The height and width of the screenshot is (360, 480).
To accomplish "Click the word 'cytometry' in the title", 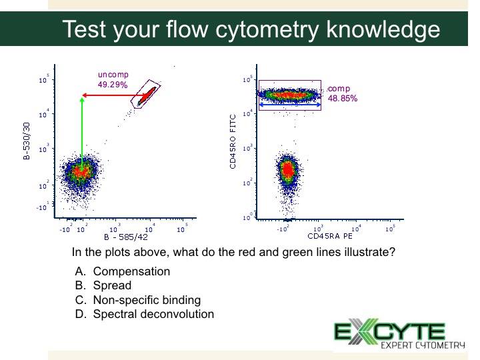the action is point(267,30).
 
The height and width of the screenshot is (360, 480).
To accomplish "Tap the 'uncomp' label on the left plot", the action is point(113,75).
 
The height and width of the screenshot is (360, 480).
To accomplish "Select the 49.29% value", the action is point(113,85).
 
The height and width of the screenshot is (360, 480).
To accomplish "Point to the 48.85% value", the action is point(343,98).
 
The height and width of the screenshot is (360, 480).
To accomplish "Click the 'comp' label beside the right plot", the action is point(339,89).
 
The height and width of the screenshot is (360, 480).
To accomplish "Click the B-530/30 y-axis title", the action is point(27,141).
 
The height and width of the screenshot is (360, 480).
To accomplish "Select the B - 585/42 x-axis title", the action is point(126,237).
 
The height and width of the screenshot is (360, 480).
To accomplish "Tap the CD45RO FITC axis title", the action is point(233,141).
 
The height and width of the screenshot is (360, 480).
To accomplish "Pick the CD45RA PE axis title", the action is point(330,236).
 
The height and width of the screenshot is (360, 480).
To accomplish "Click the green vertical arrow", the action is point(82,134).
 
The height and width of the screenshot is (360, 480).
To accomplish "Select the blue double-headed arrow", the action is point(290,105).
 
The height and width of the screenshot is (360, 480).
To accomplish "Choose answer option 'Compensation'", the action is point(131,271).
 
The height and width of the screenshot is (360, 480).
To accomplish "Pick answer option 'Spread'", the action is point(112,285).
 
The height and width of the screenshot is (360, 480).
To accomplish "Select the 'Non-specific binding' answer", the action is point(147,300).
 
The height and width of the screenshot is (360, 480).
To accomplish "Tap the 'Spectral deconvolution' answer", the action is point(153,314).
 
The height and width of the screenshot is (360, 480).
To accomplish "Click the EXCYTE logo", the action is point(399,333).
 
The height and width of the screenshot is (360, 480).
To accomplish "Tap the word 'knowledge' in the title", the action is point(383,30).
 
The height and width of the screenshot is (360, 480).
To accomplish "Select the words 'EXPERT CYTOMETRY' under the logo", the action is point(423,345).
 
